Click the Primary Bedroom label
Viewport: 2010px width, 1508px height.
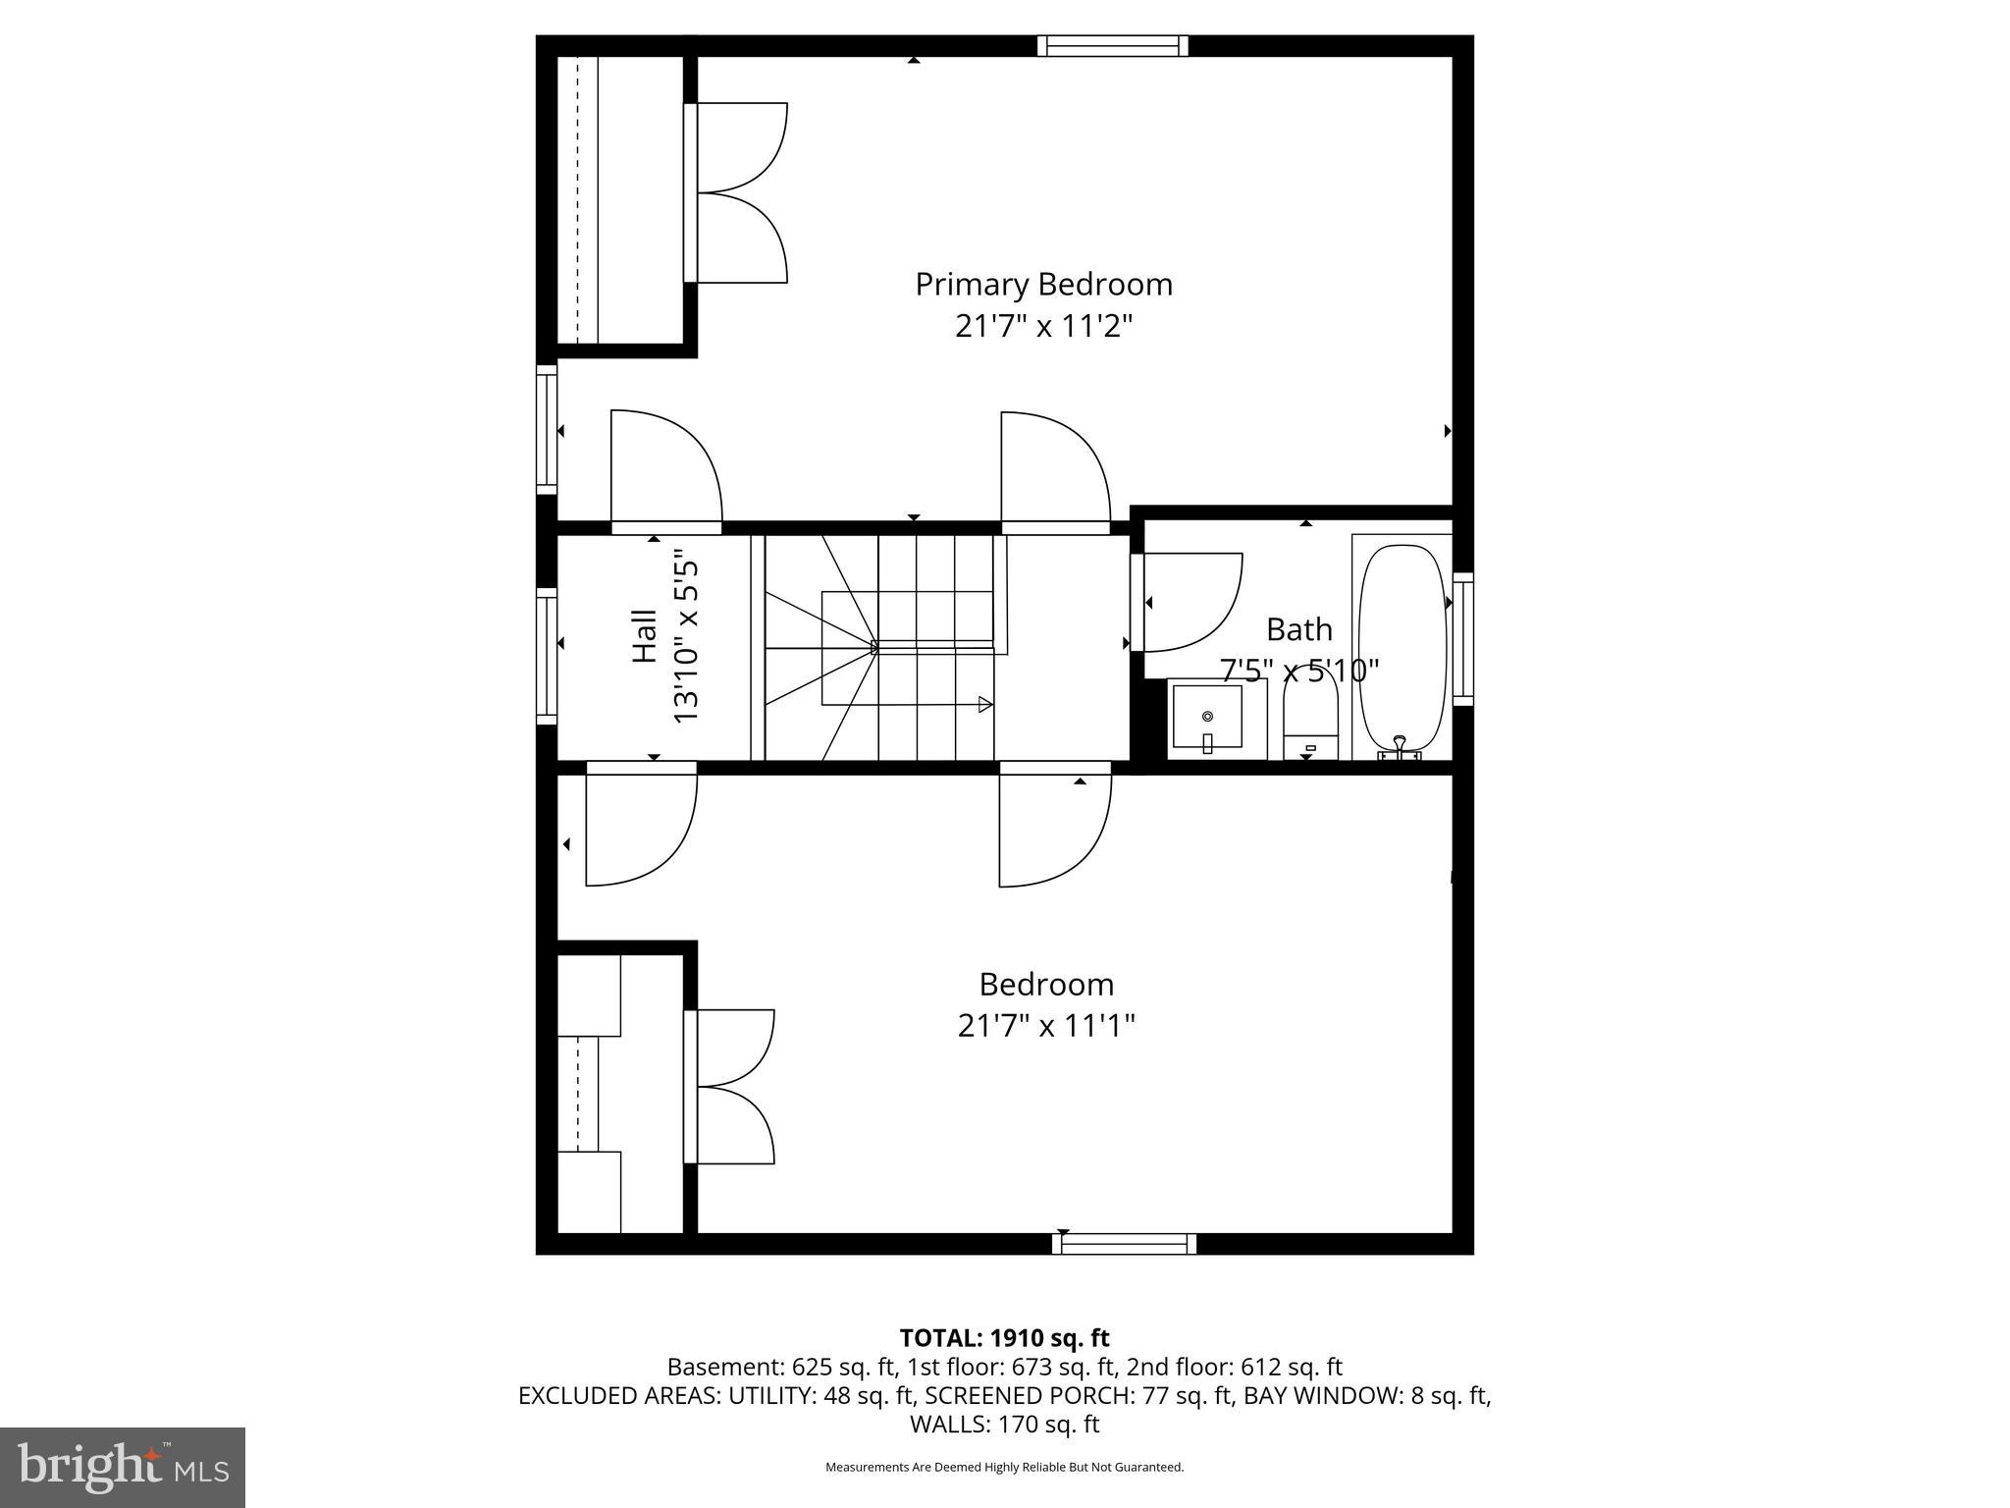(x=1043, y=285)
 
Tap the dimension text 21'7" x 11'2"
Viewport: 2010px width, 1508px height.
(x=1043, y=326)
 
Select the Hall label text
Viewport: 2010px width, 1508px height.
(x=644, y=636)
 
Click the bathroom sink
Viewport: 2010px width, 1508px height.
(x=1207, y=720)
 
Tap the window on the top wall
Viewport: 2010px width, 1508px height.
(x=1113, y=45)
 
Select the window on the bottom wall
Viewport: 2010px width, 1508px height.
(x=1125, y=1244)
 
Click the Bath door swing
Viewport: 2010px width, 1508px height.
(x=1188, y=602)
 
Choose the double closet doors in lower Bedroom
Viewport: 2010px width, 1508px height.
(x=731, y=1087)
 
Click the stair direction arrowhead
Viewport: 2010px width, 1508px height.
(x=984, y=704)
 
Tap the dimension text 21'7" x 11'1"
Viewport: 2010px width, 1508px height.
(x=1046, y=1026)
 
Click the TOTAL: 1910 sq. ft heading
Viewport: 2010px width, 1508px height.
(x=1004, y=1338)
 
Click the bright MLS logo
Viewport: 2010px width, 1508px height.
(x=123, y=1467)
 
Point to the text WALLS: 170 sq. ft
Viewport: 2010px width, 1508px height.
(x=1004, y=1425)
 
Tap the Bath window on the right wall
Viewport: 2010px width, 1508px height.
(x=1462, y=638)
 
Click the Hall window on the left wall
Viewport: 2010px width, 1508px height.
(x=547, y=656)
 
